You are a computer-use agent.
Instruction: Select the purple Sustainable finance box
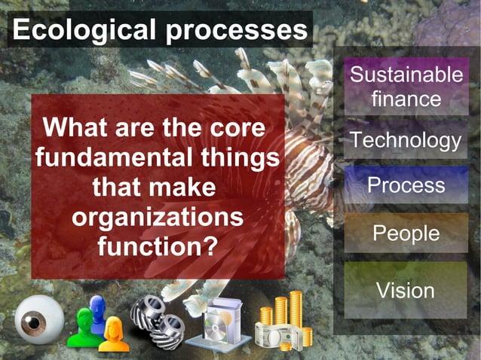coord(406,87)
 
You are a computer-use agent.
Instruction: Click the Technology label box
coord(406,140)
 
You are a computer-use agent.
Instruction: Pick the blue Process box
coord(406,185)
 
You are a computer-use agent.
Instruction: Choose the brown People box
coord(406,233)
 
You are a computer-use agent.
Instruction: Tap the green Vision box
coord(406,290)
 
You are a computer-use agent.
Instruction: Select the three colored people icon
coord(96,322)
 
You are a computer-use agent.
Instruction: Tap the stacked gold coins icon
coord(283,322)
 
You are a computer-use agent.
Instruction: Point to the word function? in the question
coord(158,246)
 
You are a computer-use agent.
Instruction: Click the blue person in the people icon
coord(97,310)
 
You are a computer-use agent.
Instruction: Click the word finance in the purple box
coord(406,99)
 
